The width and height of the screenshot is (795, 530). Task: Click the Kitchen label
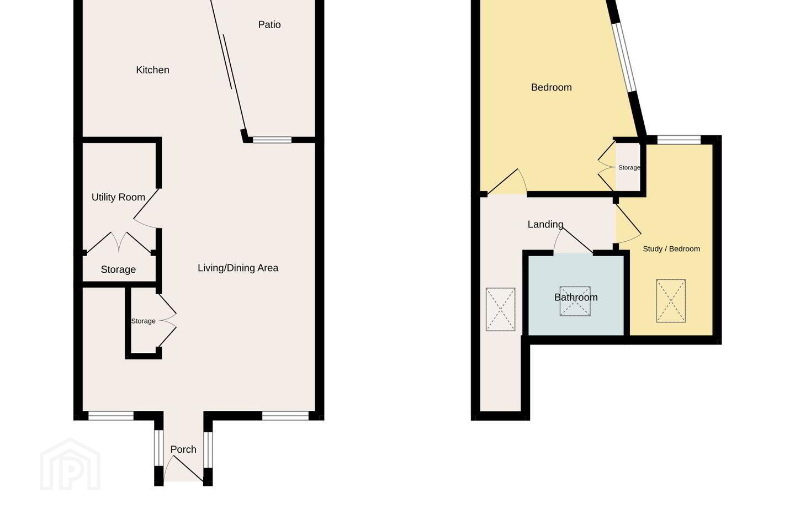coord(152,70)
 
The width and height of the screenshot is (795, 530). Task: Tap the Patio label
coord(269,24)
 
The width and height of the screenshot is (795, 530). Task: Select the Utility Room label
coord(118,197)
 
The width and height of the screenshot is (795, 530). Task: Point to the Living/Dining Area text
coord(238,268)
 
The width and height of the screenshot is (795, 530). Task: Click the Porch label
coord(183,449)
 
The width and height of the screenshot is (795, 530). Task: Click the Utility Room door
coord(146,209)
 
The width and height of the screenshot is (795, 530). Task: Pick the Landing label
coord(545,224)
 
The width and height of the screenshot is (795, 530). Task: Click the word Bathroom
coord(576,297)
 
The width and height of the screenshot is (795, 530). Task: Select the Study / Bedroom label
coord(671,249)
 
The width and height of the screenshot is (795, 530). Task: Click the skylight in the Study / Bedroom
coord(671,301)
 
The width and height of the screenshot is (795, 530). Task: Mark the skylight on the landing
coord(500,309)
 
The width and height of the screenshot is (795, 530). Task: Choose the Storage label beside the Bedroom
coord(629,167)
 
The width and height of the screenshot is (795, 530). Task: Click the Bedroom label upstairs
coord(551,87)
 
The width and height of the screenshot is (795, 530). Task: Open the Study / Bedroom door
coord(628,224)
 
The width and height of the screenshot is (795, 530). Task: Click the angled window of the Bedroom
coord(625,57)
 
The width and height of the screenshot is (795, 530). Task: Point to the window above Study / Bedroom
coord(679,140)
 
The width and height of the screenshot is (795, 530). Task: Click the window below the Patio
coord(272,140)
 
